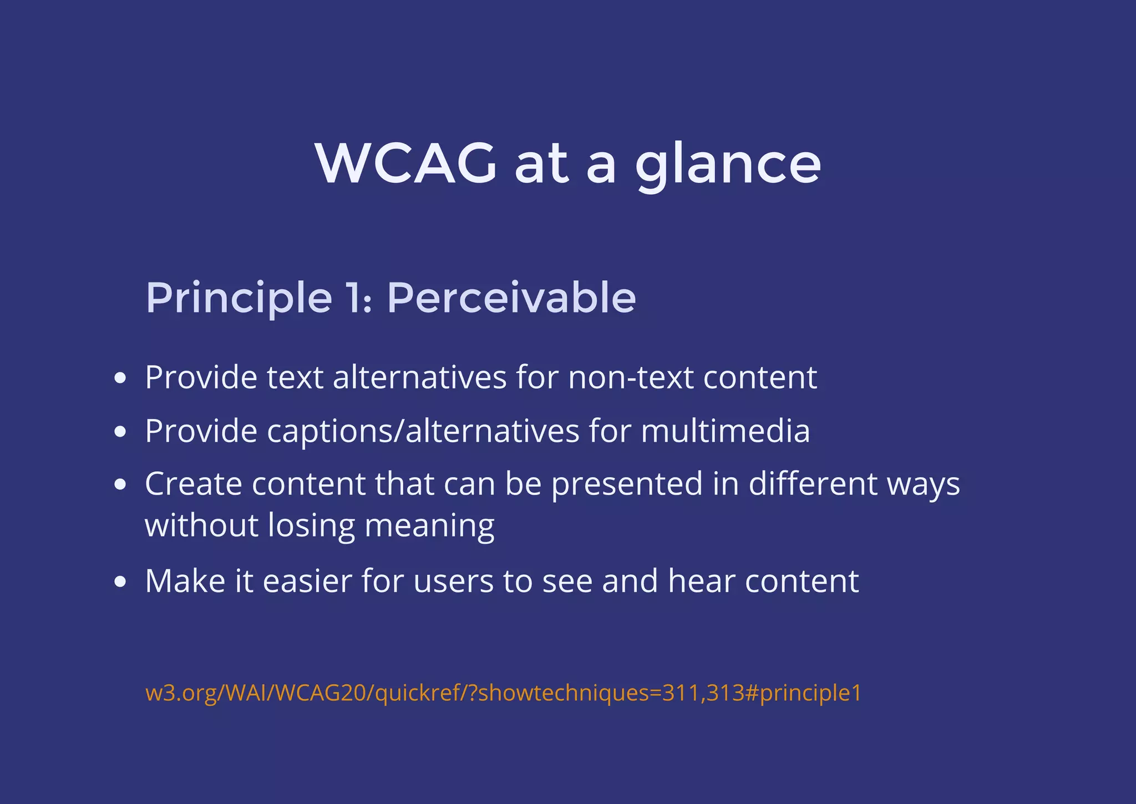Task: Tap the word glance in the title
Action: coord(728,164)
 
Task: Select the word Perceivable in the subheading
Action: coord(511,297)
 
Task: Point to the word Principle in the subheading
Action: coord(239,299)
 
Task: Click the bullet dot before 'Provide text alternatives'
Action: coord(120,378)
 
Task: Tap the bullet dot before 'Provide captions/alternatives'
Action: coord(120,432)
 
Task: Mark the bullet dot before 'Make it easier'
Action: coord(120,582)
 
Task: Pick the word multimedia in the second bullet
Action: coord(725,431)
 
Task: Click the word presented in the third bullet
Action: coord(627,484)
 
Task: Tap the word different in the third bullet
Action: coord(813,483)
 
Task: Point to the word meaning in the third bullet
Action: coord(429,526)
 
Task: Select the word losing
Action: coord(311,526)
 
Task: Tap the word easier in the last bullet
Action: coord(307,581)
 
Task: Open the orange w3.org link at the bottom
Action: coord(503,693)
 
